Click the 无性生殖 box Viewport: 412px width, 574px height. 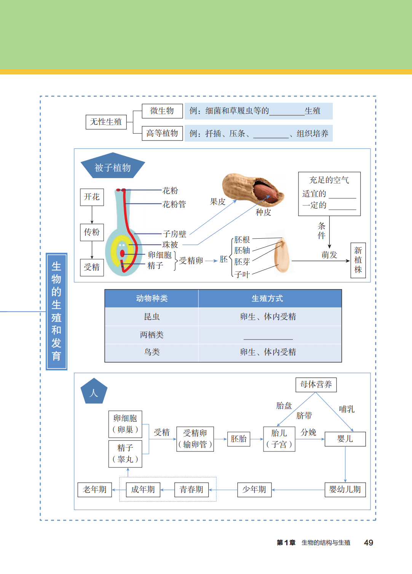(106, 122)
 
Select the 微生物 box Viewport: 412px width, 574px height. (162, 111)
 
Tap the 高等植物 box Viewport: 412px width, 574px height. (162, 133)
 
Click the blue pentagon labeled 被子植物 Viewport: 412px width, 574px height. (112, 167)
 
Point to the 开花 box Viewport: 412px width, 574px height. (92, 197)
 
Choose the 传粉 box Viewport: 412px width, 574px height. (92, 232)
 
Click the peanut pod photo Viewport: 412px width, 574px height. (252, 190)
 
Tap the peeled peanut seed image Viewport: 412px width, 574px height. (282, 256)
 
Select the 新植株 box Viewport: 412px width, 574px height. (358, 260)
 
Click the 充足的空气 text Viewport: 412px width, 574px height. (329, 180)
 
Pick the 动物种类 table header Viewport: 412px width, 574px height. (152, 298)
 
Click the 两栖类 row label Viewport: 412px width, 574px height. (152, 335)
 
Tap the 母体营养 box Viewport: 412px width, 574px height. (316, 384)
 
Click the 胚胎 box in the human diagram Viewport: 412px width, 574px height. (239, 439)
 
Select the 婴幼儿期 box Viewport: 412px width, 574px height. (345, 489)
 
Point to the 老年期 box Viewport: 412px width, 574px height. (95, 489)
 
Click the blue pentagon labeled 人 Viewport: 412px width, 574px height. (94, 392)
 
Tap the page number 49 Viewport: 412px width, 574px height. (368, 543)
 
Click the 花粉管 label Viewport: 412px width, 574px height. (174, 204)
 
